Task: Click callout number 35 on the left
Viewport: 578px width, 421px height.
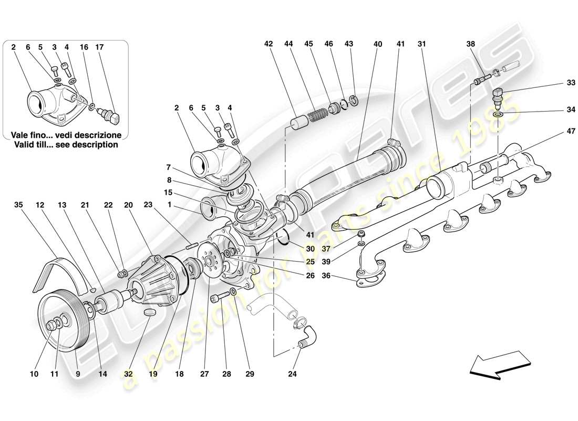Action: click(19, 205)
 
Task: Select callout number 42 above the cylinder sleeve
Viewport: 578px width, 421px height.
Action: click(269, 45)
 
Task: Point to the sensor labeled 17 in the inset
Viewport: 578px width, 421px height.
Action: click(112, 115)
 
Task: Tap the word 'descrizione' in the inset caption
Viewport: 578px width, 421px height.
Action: click(100, 135)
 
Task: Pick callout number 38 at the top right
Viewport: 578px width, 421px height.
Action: click(471, 45)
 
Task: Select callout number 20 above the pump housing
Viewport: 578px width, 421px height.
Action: click(128, 205)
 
